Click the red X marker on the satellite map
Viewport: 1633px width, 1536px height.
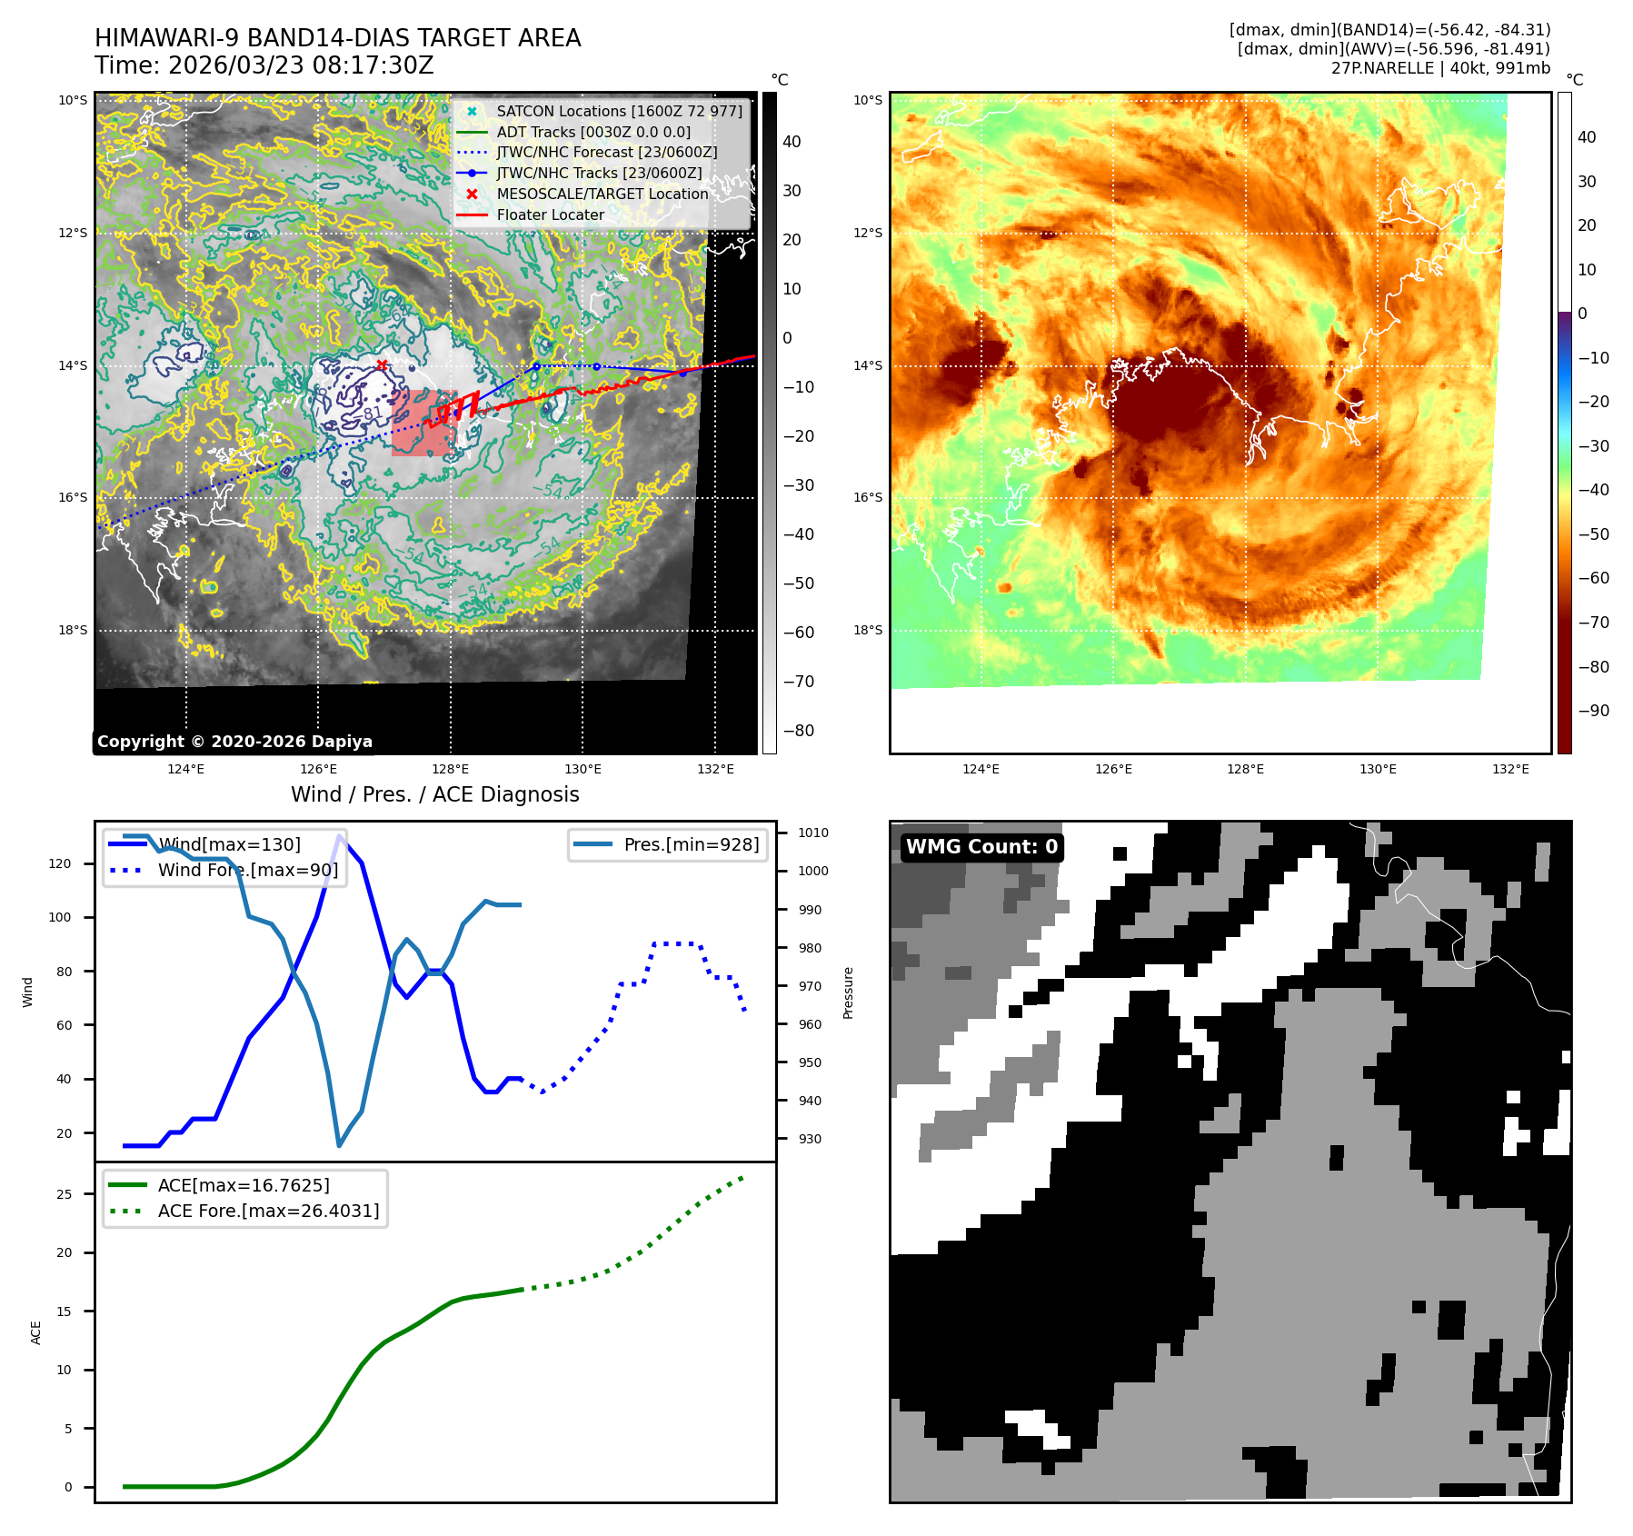tap(382, 365)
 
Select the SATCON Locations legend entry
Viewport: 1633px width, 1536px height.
tap(619, 111)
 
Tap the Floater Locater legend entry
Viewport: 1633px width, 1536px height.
tap(550, 214)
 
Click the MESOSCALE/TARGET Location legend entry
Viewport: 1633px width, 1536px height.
tap(602, 194)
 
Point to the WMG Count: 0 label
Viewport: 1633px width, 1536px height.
tap(981, 847)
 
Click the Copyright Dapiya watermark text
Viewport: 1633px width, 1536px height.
tap(234, 742)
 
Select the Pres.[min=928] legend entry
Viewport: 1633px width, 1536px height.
tap(691, 844)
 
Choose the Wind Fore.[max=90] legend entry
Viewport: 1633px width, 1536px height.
tap(247, 870)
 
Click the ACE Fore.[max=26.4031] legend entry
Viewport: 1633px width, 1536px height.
tap(268, 1211)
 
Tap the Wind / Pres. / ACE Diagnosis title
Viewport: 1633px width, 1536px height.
tap(434, 794)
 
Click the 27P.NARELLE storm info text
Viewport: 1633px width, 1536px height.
tap(1440, 68)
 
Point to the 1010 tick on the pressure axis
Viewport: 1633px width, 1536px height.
tap(813, 833)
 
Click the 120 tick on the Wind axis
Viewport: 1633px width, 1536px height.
tap(60, 863)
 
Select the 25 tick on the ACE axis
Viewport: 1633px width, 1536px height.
tap(64, 1194)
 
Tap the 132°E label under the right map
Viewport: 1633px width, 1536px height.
tap(1510, 769)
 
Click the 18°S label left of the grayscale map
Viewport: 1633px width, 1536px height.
tap(73, 630)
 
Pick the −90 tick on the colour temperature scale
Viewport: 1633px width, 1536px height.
tap(1593, 711)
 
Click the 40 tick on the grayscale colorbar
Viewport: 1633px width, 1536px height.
tap(792, 142)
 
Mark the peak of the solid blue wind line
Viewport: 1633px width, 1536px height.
tap(340, 836)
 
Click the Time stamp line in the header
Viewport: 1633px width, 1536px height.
tap(264, 65)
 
